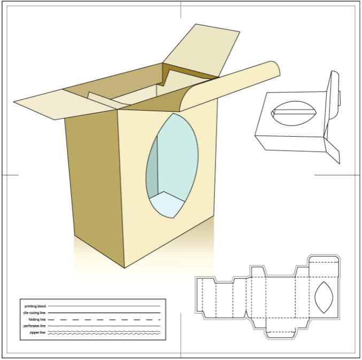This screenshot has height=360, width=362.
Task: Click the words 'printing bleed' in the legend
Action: (x=35, y=306)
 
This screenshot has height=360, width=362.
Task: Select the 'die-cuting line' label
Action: (x=34, y=312)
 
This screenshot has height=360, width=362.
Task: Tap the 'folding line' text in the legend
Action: (x=37, y=319)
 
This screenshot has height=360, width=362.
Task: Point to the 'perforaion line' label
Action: (x=34, y=325)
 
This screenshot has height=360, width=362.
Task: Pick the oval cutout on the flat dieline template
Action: (x=324, y=298)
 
